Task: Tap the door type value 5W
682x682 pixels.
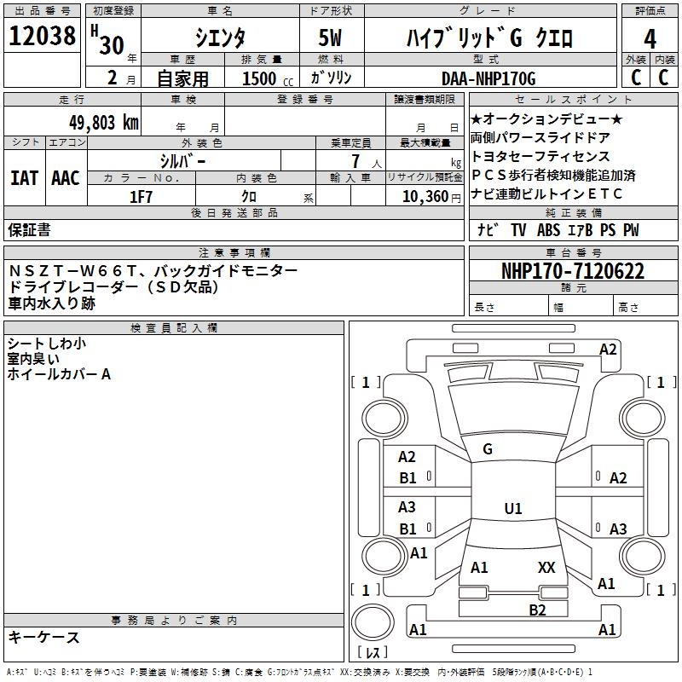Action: coord(332,38)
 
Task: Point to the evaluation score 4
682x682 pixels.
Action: coord(650,38)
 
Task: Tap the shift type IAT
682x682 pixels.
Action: coord(24,177)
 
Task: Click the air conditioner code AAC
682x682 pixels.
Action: coord(66,177)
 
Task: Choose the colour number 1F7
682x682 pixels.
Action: coord(140,197)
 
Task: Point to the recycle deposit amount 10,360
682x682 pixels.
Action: coord(422,197)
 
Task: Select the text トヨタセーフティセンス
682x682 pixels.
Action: coord(540,156)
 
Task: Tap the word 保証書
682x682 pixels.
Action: coord(29,230)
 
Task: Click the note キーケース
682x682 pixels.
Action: coord(43,637)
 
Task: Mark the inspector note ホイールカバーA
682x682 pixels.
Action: coord(59,374)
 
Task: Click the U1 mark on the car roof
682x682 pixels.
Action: coord(512,509)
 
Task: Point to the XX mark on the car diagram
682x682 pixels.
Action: coord(546,567)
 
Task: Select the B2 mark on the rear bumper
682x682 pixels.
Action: coord(536,610)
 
